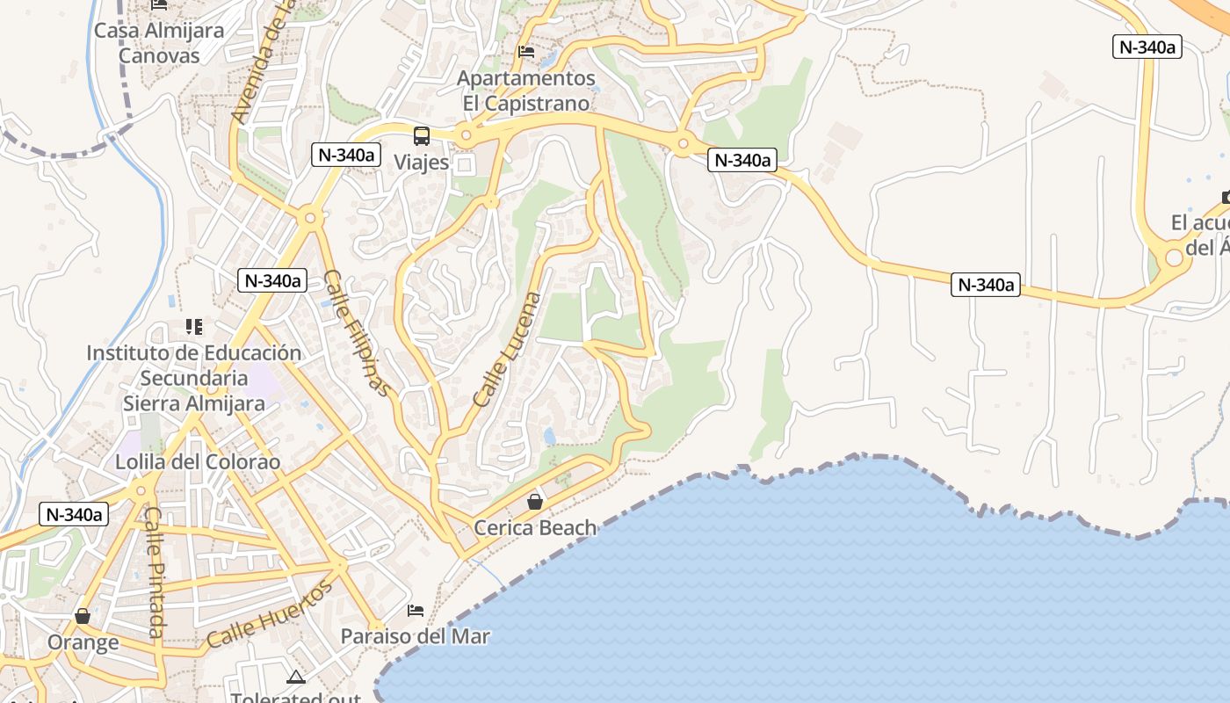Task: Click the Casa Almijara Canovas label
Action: (x=159, y=43)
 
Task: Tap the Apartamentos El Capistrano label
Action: (x=526, y=91)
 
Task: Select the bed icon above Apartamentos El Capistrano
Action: (x=526, y=52)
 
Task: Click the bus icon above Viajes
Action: (x=422, y=136)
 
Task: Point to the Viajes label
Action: (x=422, y=163)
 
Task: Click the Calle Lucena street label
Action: (x=509, y=349)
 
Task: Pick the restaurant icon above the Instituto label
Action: (x=194, y=328)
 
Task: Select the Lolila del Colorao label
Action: (x=198, y=462)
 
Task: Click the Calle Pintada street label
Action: (x=155, y=571)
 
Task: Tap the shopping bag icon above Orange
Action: (x=83, y=616)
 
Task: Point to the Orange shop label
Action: (x=83, y=642)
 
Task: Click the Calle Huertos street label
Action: (x=271, y=614)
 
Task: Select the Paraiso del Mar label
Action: (x=416, y=636)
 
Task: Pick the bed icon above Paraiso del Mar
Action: (x=416, y=611)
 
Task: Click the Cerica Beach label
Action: (x=535, y=528)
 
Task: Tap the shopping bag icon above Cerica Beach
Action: (x=535, y=502)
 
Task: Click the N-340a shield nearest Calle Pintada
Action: (x=74, y=515)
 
